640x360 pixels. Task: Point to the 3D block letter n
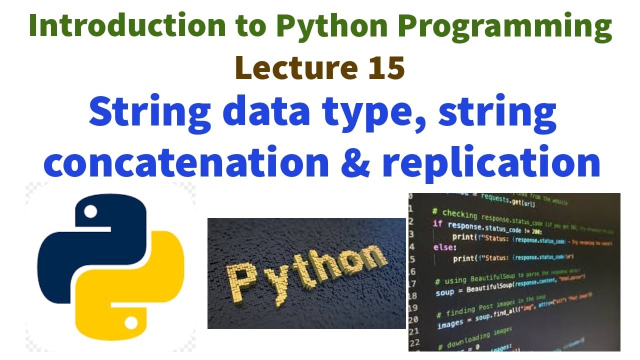[x=372, y=256]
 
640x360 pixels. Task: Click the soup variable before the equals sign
[x=445, y=292]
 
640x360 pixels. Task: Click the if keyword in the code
[x=437, y=224]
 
